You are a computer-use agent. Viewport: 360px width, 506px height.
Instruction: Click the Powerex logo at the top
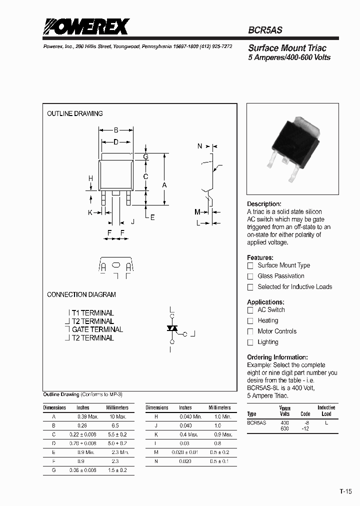[x=86, y=26]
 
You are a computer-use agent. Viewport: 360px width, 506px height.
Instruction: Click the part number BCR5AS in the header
[x=265, y=30]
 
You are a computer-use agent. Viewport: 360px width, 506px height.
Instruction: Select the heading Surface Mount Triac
[x=287, y=48]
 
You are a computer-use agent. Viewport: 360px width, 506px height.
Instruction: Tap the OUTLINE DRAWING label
[x=75, y=113]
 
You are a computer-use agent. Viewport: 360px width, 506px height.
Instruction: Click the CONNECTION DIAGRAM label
[x=81, y=294]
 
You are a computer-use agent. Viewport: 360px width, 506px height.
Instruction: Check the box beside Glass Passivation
[x=250, y=276]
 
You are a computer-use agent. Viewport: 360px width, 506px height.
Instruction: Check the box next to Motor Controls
[x=250, y=331]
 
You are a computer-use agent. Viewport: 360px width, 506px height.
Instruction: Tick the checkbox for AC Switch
[x=250, y=310]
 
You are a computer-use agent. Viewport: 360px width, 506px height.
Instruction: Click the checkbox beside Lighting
[x=250, y=342]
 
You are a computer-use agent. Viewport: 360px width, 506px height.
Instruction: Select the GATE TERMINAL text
[x=97, y=329]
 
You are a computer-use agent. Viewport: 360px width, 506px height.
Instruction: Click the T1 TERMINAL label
[x=92, y=313]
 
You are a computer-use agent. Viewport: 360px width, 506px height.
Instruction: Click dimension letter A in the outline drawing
[x=164, y=185]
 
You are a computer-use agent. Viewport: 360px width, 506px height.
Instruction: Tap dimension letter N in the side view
[x=200, y=146]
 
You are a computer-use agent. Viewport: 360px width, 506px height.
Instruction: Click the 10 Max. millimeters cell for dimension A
[x=117, y=416]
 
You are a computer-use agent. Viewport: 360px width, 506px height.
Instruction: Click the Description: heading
[x=264, y=204]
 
